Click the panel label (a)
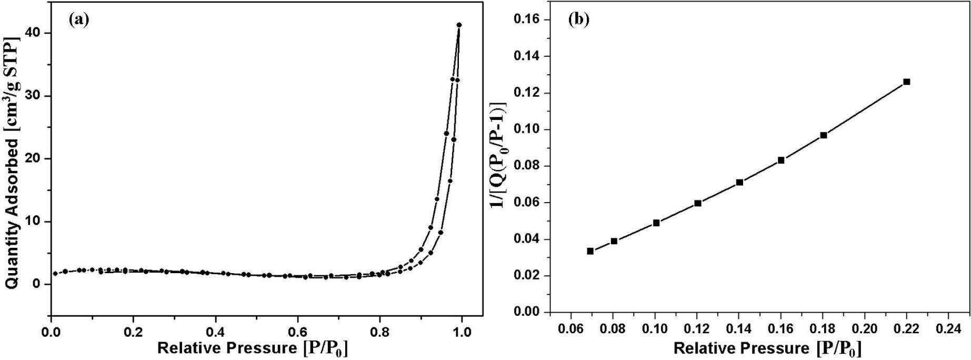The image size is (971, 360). click(79, 20)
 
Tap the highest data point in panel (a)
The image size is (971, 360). click(459, 25)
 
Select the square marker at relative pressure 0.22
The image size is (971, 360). click(906, 82)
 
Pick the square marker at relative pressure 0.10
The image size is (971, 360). click(656, 223)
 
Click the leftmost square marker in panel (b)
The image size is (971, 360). click(590, 251)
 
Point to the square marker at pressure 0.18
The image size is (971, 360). click(824, 135)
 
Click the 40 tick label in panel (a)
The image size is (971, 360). click(34, 33)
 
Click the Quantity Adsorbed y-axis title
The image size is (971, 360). click(13, 163)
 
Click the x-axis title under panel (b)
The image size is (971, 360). click(767, 348)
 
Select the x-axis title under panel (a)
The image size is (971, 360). click(253, 348)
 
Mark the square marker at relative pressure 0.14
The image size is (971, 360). click(739, 182)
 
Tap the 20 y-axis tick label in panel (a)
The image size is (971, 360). click(34, 159)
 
